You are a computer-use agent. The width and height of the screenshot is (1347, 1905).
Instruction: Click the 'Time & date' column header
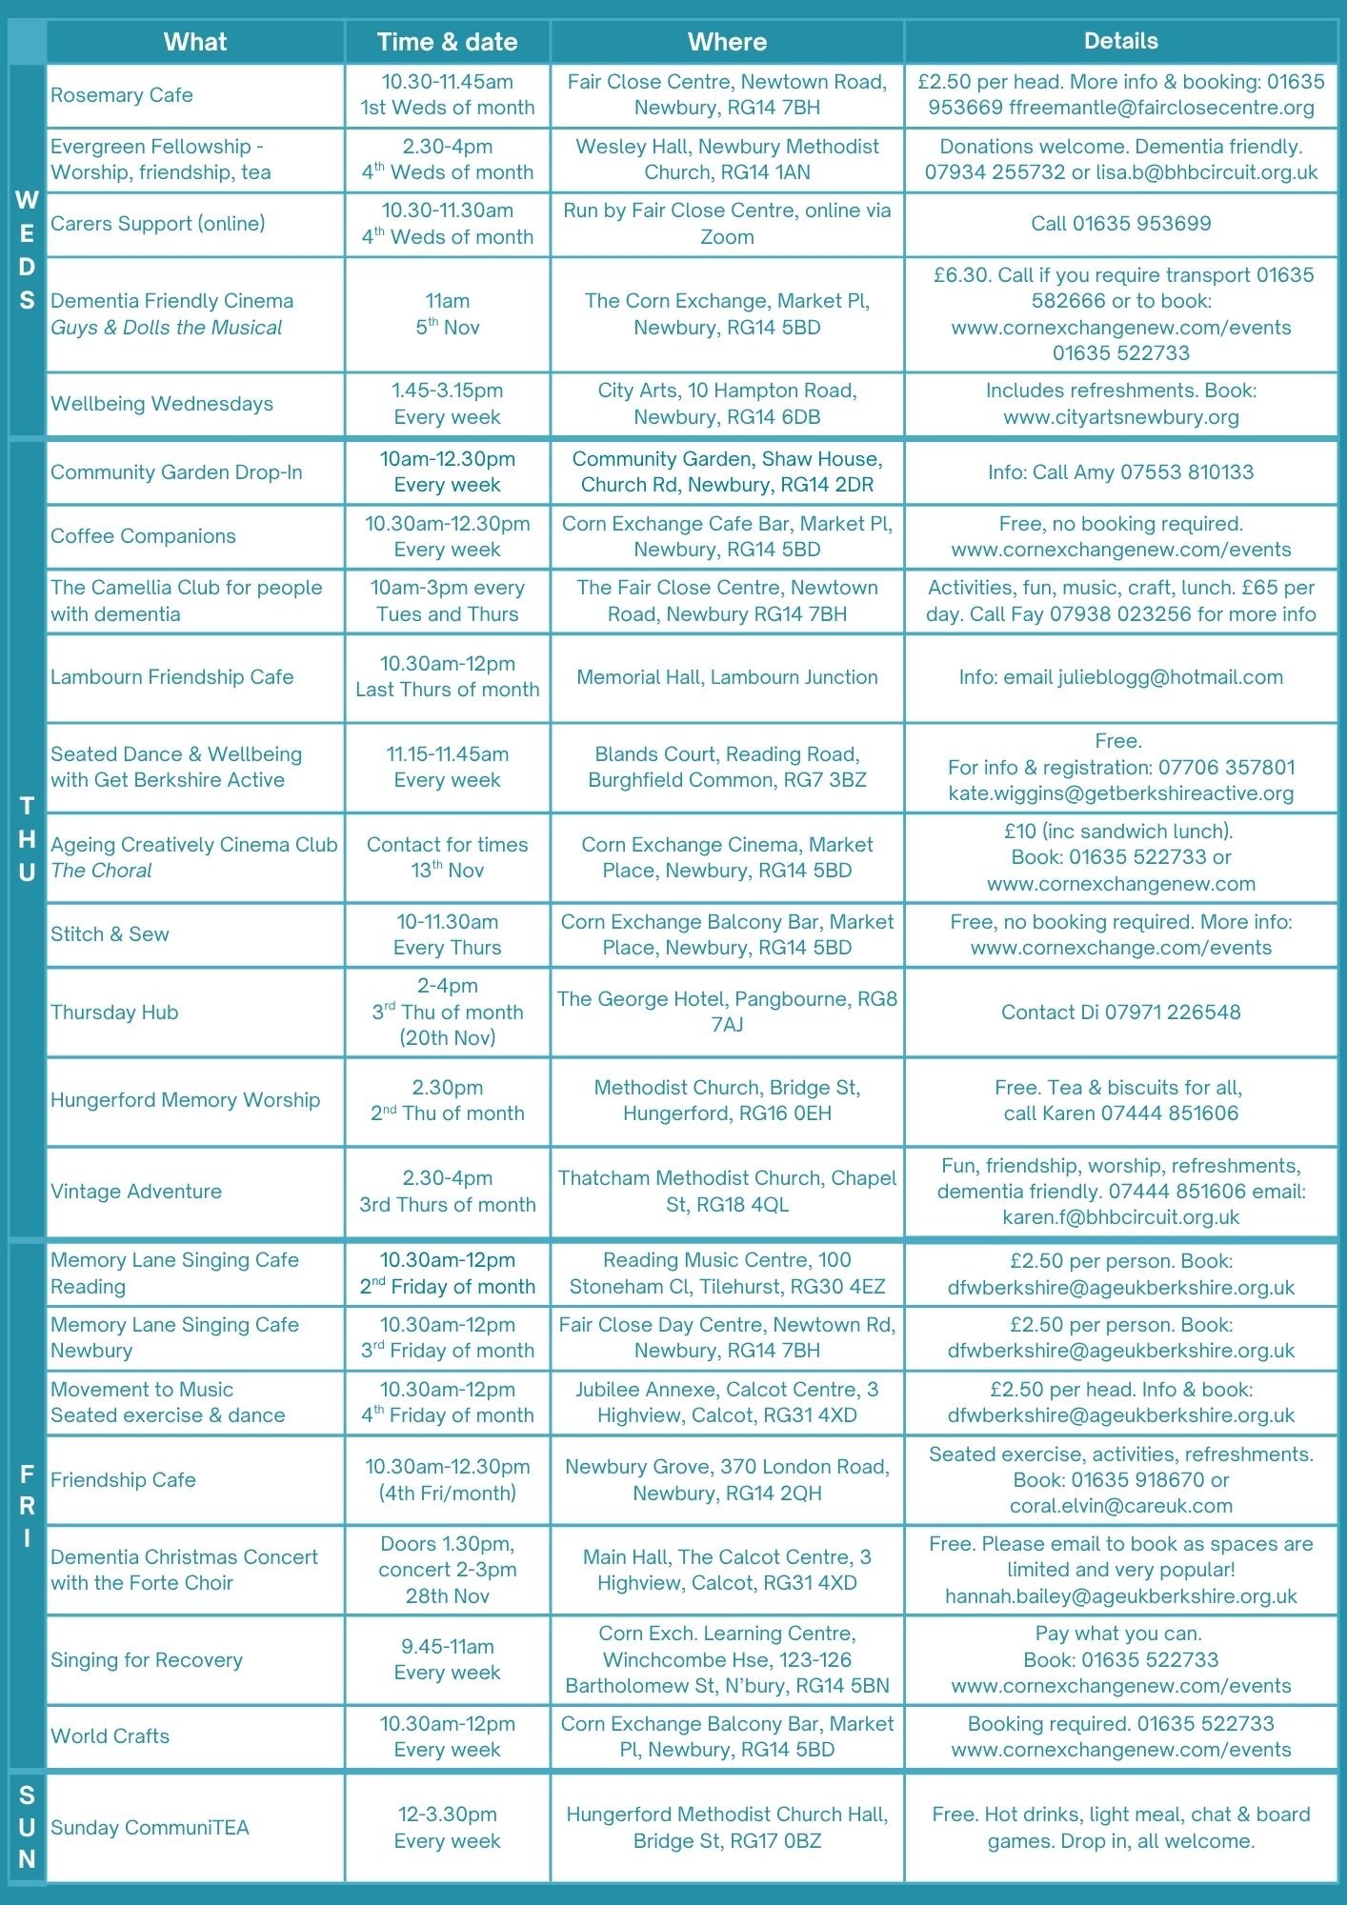click(x=447, y=42)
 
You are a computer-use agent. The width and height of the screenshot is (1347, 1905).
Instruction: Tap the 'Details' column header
click(x=1120, y=41)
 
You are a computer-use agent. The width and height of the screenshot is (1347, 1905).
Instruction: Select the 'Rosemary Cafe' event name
click(x=122, y=95)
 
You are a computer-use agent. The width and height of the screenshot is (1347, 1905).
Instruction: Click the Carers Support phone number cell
click(x=1120, y=224)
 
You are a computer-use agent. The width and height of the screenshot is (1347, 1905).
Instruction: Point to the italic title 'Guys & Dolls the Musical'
click(x=167, y=328)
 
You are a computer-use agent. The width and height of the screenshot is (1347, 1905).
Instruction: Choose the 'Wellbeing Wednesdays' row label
click(x=162, y=404)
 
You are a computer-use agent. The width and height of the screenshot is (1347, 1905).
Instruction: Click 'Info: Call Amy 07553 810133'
click(x=1120, y=472)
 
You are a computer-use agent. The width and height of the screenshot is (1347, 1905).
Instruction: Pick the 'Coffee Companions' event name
click(x=143, y=536)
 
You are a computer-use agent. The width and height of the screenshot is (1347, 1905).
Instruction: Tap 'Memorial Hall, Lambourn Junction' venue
click(x=727, y=677)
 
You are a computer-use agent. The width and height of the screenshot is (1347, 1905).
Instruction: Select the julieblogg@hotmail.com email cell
click(x=1120, y=677)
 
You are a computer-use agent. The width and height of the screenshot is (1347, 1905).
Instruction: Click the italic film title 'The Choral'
click(x=101, y=871)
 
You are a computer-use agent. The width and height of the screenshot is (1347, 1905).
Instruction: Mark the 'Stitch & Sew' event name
click(x=110, y=934)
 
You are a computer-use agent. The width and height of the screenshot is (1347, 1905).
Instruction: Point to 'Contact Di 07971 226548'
click(x=1120, y=1013)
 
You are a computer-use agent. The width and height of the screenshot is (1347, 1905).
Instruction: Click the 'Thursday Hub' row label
click(x=114, y=1013)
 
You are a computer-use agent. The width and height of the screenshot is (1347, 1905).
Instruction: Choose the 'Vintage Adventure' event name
click(x=136, y=1192)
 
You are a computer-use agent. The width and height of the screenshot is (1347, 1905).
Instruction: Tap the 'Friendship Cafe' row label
click(x=123, y=1480)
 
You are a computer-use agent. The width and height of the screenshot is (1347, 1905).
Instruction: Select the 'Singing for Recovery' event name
click(x=147, y=1660)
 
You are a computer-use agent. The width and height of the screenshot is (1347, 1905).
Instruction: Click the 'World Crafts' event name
click(x=110, y=1736)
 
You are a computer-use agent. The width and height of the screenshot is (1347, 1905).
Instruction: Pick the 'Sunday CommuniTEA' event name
click(x=150, y=1828)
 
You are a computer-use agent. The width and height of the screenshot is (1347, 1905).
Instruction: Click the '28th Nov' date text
click(x=447, y=1596)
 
